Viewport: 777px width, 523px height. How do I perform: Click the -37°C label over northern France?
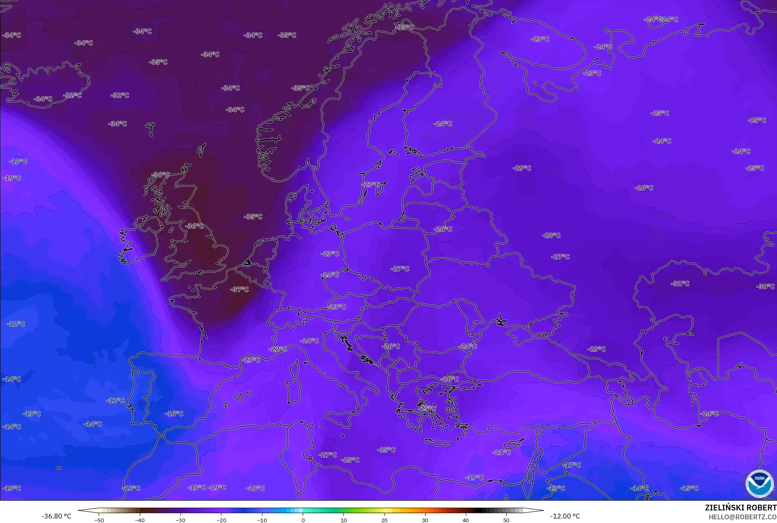tap(239, 289)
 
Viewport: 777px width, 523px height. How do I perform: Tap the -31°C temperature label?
tap(680, 283)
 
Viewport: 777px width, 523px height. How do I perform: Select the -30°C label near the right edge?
tap(765, 286)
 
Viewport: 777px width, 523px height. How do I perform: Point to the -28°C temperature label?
tap(551, 235)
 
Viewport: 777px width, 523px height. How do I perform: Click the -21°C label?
tap(501, 452)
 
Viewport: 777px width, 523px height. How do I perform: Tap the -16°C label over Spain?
tap(174, 414)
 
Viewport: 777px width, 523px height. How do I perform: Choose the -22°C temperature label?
tap(278, 349)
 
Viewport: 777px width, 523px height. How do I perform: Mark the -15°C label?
tap(689, 488)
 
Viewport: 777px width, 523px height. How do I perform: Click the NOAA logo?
tap(759, 484)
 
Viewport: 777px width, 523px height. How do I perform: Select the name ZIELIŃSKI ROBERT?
tap(740, 508)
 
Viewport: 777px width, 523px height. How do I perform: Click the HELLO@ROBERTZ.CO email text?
tap(742, 517)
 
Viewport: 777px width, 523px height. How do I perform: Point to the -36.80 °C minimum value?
tap(56, 516)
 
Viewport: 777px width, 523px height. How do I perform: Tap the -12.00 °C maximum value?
tap(565, 516)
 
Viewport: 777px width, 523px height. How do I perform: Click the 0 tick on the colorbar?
tap(303, 520)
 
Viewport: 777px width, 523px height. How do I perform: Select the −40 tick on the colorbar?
tap(139, 520)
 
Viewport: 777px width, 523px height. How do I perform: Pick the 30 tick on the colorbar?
tap(425, 520)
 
